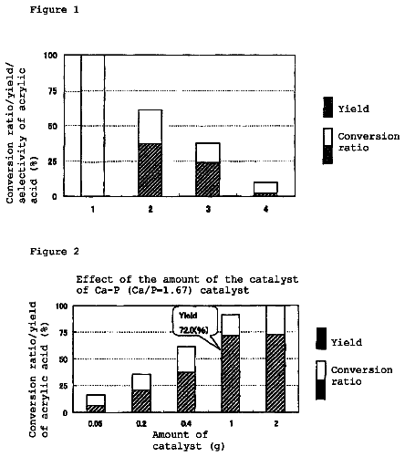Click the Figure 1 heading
(x=54, y=10)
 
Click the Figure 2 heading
(x=54, y=252)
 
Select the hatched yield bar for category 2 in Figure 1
(x=150, y=170)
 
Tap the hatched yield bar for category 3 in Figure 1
(x=208, y=179)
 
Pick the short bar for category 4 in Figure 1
(x=265, y=189)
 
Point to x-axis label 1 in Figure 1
(x=93, y=209)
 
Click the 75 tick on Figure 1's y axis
(x=52, y=91)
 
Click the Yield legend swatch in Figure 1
(x=327, y=107)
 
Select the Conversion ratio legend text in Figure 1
(x=369, y=142)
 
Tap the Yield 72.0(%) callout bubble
(x=195, y=322)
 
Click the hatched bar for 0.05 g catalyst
(x=96, y=409)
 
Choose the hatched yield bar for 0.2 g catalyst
(x=141, y=400)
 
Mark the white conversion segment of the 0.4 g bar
(x=186, y=359)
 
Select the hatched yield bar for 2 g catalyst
(x=275, y=373)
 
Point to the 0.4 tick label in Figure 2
(x=186, y=423)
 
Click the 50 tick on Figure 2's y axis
(x=61, y=359)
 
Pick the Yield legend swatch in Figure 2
(x=321, y=338)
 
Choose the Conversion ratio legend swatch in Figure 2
(x=321, y=380)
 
